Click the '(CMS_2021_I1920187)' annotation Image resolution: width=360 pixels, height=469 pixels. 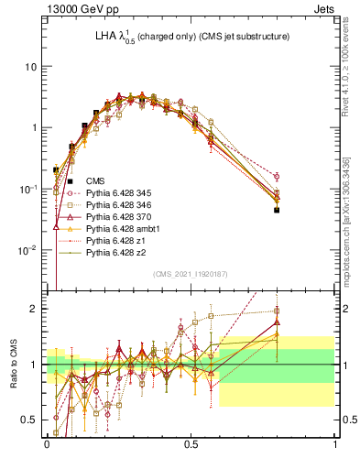coord(191,272)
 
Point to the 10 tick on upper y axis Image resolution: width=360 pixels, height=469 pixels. coord(31,67)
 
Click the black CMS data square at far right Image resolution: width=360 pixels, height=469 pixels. coord(277,210)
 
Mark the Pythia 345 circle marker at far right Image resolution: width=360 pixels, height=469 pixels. coord(277,176)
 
